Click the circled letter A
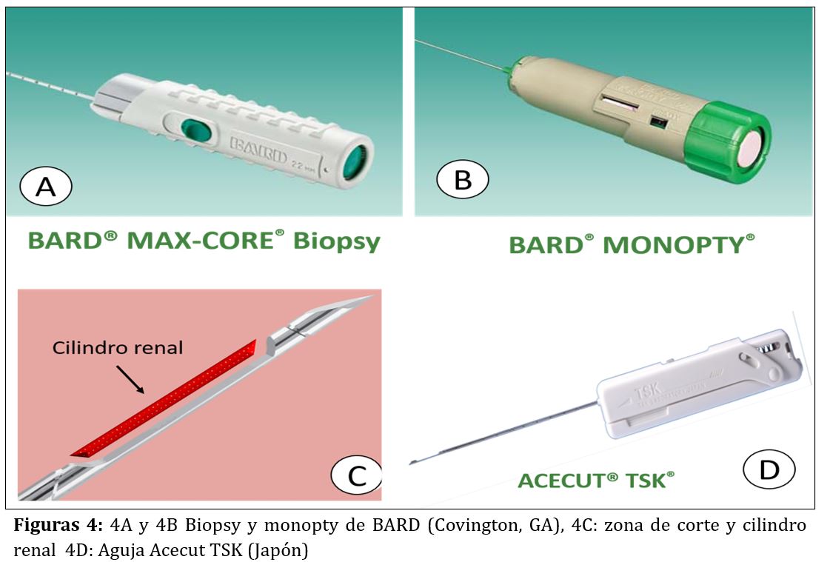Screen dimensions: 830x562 tap(46, 187)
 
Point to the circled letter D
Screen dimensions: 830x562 tap(769, 469)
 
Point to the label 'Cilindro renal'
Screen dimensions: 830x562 tap(118, 347)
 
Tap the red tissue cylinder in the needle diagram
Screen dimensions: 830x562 tap(163, 400)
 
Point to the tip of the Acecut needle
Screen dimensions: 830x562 tap(412, 463)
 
